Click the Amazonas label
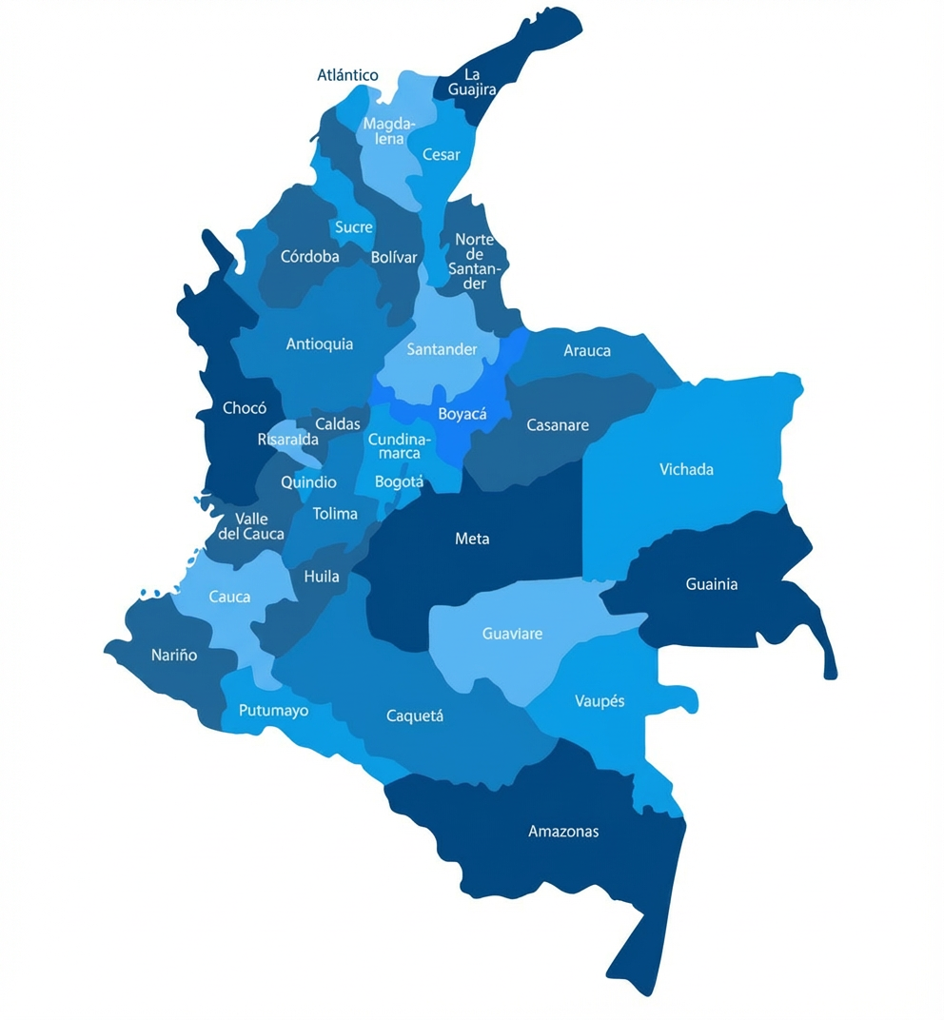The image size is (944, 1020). [x=563, y=832]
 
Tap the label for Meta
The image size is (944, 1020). [x=472, y=539]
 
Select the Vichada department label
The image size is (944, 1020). [x=686, y=469]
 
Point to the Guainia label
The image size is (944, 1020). [x=712, y=584]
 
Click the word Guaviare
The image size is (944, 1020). [x=512, y=634]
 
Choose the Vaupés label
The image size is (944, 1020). [x=600, y=701]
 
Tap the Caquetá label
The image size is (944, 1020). [x=415, y=716]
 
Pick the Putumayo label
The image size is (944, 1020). [x=273, y=711]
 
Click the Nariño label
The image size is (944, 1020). [x=174, y=655]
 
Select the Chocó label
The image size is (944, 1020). [x=245, y=408]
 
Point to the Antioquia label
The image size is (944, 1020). [x=320, y=344]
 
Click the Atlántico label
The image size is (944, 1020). [x=347, y=75]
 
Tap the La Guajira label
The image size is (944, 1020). [x=472, y=82]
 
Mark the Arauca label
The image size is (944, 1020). [x=587, y=350]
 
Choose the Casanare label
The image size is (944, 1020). [x=558, y=425]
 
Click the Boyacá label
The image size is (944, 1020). [x=462, y=414]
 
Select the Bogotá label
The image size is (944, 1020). [x=399, y=481]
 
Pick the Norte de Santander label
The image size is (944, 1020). [x=474, y=262]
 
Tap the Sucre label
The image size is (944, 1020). [x=353, y=227]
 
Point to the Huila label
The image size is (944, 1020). [x=322, y=577]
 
